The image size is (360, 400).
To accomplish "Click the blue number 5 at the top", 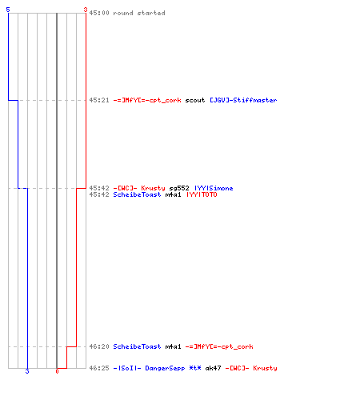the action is [x=8, y=10].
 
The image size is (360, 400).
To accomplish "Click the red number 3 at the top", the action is [x=86, y=10].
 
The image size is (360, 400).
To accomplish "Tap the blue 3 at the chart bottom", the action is [x=27, y=371].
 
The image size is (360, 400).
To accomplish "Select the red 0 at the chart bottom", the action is [x=57, y=371].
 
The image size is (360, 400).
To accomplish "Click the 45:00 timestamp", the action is [x=99, y=13].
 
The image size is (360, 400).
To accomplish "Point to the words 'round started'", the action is [x=139, y=13].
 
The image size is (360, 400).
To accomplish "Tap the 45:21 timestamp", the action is [x=99, y=100].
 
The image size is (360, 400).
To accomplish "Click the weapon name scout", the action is [x=195, y=100].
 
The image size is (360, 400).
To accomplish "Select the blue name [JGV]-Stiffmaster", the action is [x=243, y=100].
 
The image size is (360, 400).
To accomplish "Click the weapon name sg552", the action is [x=179, y=188].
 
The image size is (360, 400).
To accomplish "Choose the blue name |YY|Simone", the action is [x=214, y=188].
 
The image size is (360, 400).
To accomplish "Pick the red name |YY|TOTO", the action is [x=202, y=194].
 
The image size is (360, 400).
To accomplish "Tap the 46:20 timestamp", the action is [x=99, y=346].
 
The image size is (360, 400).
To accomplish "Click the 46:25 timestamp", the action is [x=99, y=368].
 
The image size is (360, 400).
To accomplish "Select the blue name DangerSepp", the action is [x=165, y=368].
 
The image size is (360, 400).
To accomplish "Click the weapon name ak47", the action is [x=213, y=368].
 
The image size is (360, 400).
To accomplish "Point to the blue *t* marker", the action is [x=195, y=368].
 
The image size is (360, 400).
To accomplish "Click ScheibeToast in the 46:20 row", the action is [x=137, y=346].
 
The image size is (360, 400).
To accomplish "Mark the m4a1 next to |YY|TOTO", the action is [x=173, y=194].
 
